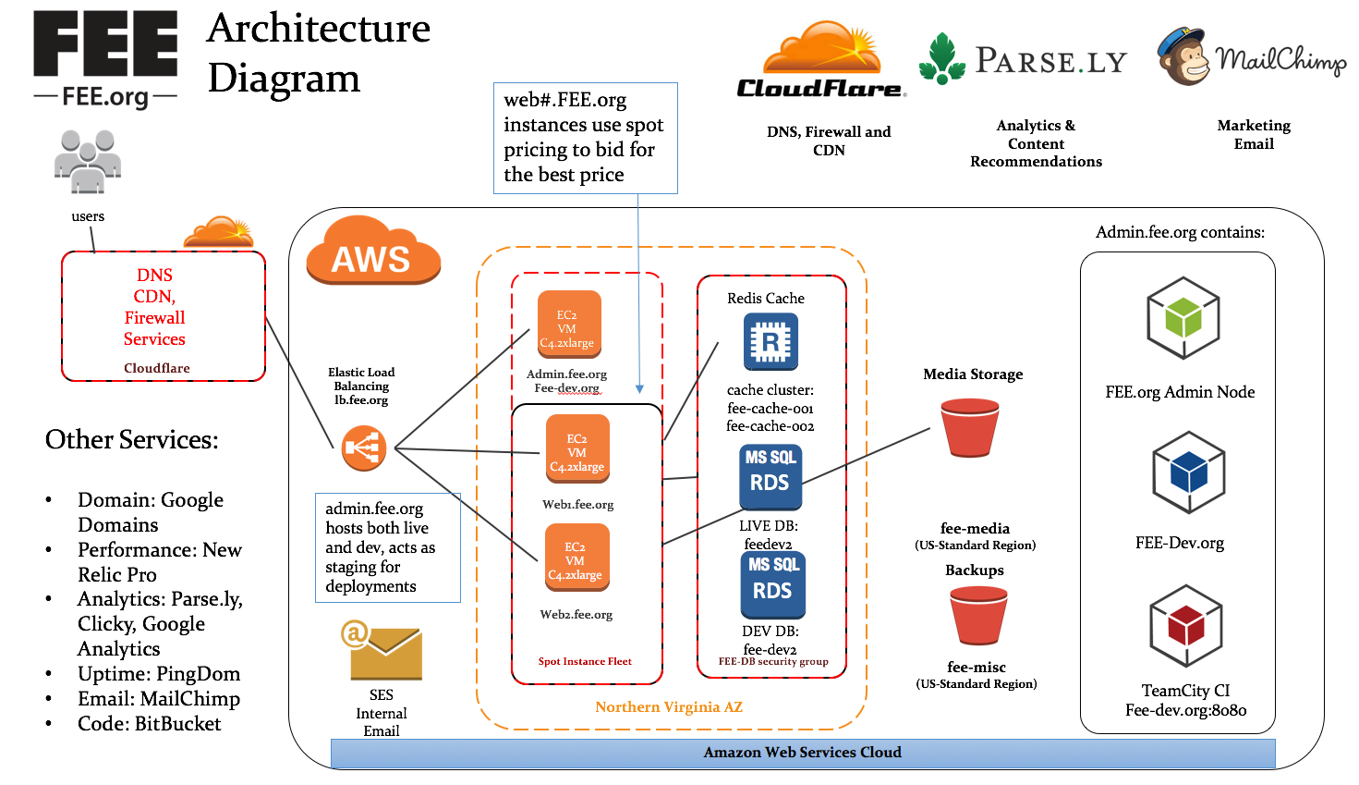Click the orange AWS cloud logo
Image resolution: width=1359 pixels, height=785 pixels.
pyautogui.click(x=372, y=251)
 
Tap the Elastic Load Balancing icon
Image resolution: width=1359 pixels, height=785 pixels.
pyautogui.click(x=363, y=448)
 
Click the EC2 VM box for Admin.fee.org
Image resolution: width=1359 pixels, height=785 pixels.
pyautogui.click(x=568, y=325)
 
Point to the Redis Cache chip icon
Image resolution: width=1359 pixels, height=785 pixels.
pyautogui.click(x=771, y=342)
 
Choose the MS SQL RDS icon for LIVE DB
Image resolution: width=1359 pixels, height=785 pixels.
pyautogui.click(x=771, y=475)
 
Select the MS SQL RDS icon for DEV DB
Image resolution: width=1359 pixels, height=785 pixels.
pyautogui.click(x=772, y=583)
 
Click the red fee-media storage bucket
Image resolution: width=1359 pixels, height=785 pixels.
pyautogui.click(x=969, y=427)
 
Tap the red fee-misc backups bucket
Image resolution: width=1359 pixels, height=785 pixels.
pyautogui.click(x=977, y=616)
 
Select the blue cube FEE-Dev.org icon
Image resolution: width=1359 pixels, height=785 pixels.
pyautogui.click(x=1188, y=472)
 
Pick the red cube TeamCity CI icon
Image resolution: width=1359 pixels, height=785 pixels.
pyautogui.click(x=1186, y=627)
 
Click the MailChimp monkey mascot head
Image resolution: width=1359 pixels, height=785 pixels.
pyautogui.click(x=1183, y=57)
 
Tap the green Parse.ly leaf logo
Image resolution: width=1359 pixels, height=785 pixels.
pyautogui.click(x=941, y=58)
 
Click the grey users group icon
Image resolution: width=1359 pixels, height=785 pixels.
pyautogui.click(x=87, y=161)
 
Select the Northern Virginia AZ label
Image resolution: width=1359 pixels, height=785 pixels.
pyautogui.click(x=669, y=707)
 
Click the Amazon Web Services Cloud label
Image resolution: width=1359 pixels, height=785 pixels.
pyautogui.click(x=802, y=753)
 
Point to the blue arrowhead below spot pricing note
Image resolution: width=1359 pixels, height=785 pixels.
pyautogui.click(x=639, y=390)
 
